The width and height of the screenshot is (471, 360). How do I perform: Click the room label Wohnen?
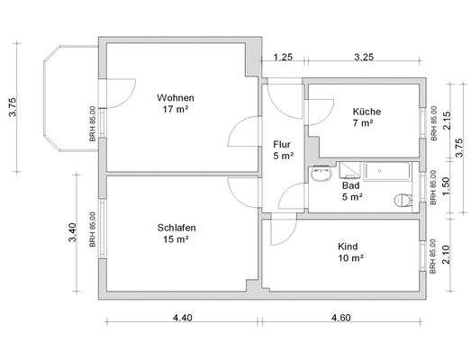point(175,98)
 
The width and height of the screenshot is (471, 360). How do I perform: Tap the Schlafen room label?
point(177,228)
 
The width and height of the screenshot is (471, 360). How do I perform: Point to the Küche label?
point(367,112)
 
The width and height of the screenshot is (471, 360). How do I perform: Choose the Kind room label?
point(349,246)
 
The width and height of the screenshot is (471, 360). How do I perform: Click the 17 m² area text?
point(175,110)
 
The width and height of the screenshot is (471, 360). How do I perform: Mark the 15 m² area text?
point(177,239)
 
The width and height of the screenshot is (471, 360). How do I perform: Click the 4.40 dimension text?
point(182,318)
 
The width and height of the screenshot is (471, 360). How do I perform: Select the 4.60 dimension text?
point(341,318)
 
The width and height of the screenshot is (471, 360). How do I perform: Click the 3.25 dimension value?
point(364,58)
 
